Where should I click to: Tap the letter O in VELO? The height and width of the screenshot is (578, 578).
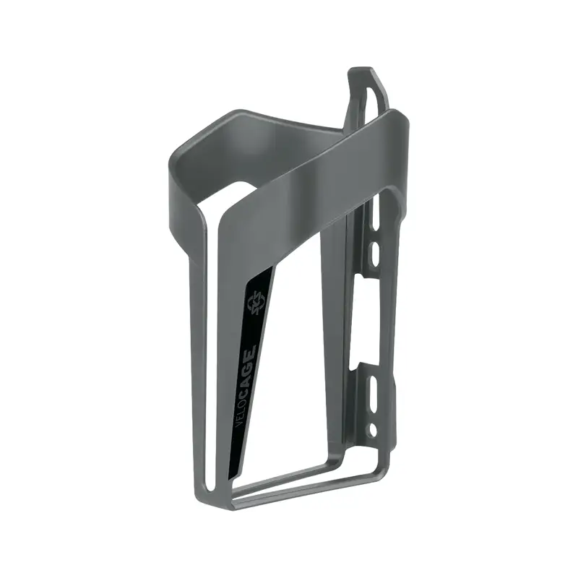tap(243, 400)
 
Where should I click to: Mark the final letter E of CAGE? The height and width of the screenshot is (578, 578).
tap(251, 350)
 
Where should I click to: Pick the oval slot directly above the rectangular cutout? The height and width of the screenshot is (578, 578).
tap(375, 252)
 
